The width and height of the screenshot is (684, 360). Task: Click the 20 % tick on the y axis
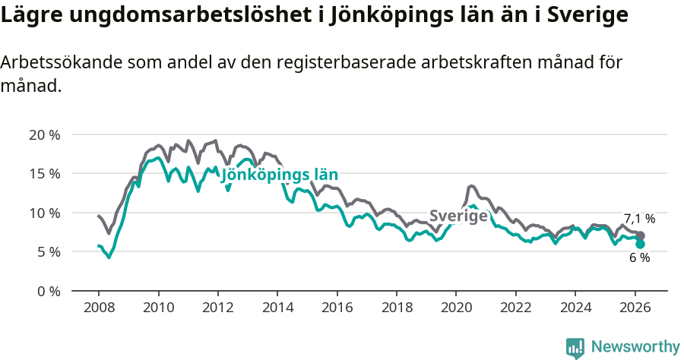pos(44,135)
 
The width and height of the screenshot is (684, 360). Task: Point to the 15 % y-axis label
pos(44,174)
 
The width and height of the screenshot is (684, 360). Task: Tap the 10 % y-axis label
pos(44,213)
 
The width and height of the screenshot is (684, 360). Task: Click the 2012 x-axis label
pos(217,308)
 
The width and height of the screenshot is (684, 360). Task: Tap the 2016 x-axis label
pos(337,308)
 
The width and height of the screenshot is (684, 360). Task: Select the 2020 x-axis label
pos(456,308)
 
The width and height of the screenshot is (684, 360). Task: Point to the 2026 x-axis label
pos(634,308)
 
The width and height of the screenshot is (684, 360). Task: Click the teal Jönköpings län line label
pos(279,175)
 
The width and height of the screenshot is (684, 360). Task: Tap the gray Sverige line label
pos(458,216)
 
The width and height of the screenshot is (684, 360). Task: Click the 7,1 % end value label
pos(639,219)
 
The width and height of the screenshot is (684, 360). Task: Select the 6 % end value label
pos(639,258)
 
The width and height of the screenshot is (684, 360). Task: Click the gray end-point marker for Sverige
pos(641,235)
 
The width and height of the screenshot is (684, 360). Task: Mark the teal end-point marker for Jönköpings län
pos(641,244)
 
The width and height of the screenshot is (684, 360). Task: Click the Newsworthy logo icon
pos(575,347)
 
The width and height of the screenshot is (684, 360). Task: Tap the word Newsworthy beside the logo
pos(635,347)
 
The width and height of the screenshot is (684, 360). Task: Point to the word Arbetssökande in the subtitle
pos(53,63)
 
